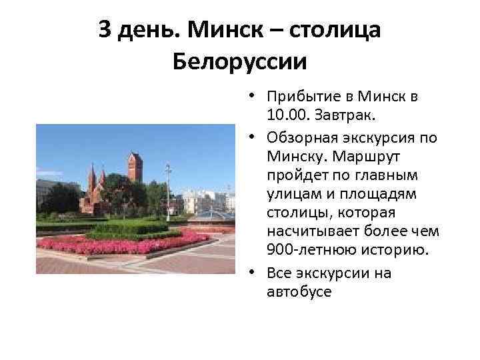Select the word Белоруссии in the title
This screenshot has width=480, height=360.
(240, 62)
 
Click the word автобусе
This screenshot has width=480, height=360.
(298, 291)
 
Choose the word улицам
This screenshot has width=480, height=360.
(291, 194)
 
